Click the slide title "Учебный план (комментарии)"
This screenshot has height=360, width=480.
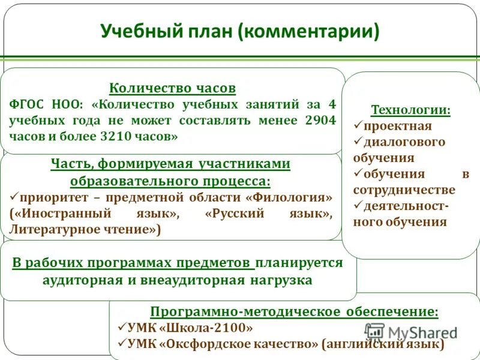pos(239,31)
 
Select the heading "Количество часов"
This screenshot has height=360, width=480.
pos(172,88)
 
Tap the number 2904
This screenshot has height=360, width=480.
pos(320,120)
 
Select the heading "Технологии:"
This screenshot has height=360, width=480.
pos(410,110)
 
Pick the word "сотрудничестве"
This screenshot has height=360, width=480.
pos(404,190)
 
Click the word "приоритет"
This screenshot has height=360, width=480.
pos(48,197)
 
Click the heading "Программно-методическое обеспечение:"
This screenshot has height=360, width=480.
pos(294,311)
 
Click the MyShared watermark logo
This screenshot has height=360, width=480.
pos(412,332)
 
